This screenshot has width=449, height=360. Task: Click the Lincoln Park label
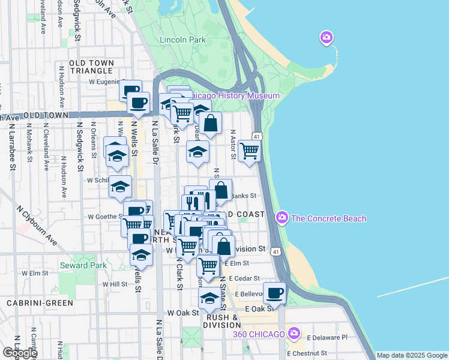183,40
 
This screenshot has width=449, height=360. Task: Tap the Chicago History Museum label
237,96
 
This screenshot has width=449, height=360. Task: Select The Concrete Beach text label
328,218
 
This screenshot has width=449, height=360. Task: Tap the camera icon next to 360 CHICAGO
294,333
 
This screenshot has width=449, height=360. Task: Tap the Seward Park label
83,265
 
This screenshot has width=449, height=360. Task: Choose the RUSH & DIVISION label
223,321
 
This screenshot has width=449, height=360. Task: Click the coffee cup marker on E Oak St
275,293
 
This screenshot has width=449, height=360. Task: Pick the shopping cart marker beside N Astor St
249,151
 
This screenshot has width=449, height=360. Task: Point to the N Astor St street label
233,145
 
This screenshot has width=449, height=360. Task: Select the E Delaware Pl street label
327,338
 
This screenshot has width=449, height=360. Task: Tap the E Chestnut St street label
307,353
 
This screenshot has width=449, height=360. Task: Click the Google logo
19,353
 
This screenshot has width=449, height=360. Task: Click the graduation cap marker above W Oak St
209,297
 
